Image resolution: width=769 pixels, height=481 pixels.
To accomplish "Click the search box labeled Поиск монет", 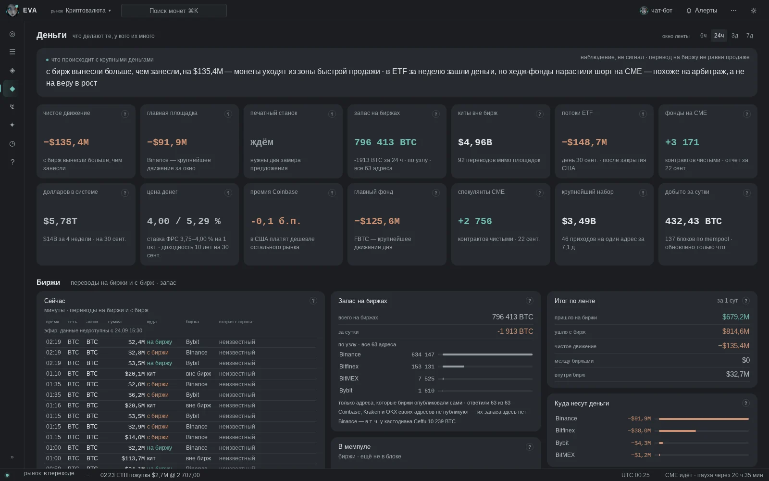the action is tap(174, 11).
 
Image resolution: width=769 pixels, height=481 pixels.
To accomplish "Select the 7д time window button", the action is tap(750, 36).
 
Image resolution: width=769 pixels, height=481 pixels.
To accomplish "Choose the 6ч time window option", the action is tap(704, 36).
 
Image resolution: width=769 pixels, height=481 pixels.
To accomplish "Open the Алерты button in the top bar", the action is tap(702, 11).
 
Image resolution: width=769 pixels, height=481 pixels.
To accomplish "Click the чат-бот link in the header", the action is tap(656, 11).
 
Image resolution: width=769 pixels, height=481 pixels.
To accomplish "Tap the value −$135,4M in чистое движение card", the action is tap(66, 142).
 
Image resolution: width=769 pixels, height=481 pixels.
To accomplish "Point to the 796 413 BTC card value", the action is tap(385, 142).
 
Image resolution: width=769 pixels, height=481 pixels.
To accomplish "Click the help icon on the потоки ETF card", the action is tap(643, 114).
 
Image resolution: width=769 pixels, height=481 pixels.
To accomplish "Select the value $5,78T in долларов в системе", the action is tap(60, 221).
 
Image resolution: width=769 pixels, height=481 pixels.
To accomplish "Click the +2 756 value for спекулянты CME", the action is tap(475, 221).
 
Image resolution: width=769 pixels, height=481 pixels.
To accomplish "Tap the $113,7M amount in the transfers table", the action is tap(133, 458).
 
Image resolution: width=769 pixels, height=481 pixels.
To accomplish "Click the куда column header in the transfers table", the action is tap(152, 322).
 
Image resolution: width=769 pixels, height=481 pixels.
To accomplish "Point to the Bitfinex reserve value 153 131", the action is tap(422, 367).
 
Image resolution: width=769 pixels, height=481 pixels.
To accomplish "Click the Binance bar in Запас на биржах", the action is tap(487, 354).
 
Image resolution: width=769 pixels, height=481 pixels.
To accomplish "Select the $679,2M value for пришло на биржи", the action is tap(736, 317).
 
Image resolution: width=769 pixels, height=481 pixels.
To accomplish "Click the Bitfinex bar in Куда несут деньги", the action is tap(677, 431).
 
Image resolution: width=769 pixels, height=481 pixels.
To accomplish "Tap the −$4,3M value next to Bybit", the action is tap(641, 443).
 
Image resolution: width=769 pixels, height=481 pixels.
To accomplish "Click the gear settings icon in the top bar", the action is tap(754, 11).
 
